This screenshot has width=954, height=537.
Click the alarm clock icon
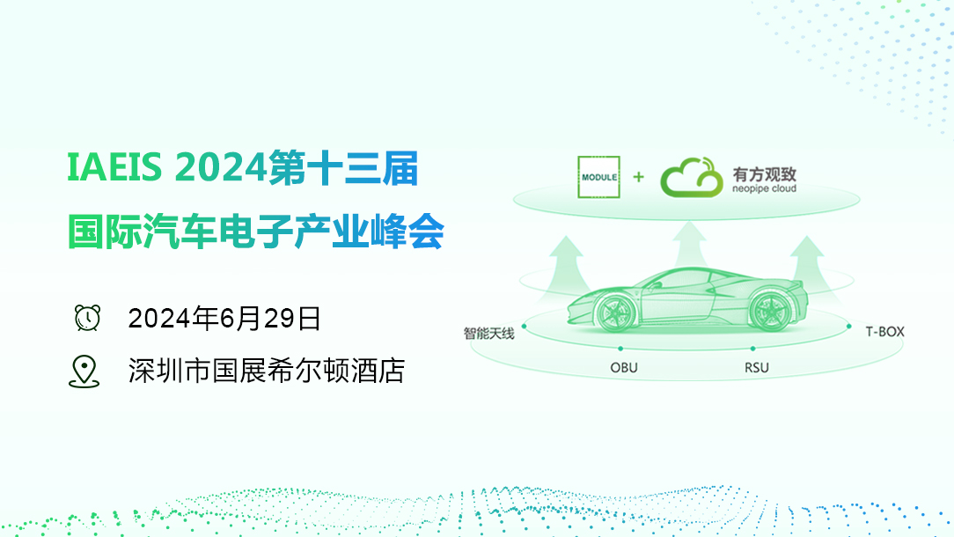[88, 318]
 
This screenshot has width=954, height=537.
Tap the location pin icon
[84, 371]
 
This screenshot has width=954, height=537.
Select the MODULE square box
[598, 177]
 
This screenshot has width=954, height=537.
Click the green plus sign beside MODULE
[638, 177]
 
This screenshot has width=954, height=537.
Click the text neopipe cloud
[764, 188]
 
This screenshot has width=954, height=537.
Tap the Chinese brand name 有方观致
[764, 174]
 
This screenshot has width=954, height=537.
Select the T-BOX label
[884, 332]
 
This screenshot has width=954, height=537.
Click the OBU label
[624, 368]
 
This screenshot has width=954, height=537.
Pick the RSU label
[757, 368]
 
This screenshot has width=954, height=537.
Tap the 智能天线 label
[489, 334]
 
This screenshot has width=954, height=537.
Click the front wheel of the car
[615, 312]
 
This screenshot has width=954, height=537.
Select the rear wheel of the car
[770, 311]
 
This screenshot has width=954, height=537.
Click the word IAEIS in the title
[114, 167]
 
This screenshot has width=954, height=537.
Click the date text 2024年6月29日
[224, 319]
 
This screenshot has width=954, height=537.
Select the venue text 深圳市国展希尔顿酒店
[267, 371]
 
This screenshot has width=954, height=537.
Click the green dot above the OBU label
[620, 349]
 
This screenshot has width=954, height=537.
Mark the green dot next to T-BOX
[848, 327]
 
